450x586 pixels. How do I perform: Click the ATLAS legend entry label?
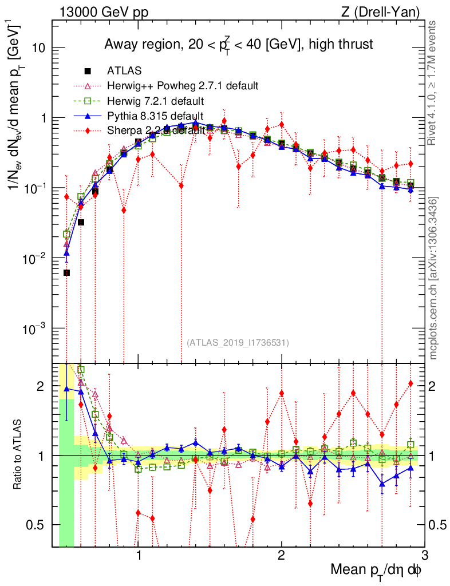pos(124,71)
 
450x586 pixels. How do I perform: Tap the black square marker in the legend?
pos(88,71)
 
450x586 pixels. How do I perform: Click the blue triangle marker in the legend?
pos(88,116)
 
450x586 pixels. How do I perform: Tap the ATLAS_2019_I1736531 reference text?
pos(238,343)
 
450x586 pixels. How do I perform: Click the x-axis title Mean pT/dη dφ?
pos(377,569)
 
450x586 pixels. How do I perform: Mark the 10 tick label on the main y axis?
pos(38,47)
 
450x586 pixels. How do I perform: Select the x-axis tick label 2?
pos(281,556)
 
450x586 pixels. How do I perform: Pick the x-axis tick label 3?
pos(424,556)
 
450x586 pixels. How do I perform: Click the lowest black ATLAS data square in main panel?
pos(66,273)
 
